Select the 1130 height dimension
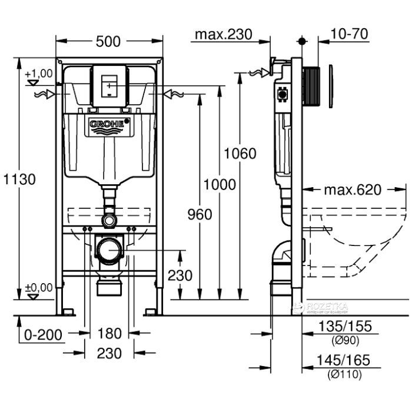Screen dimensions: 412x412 tap(18, 179)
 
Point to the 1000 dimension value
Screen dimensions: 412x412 tap(220, 184)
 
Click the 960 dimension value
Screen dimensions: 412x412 tap(200, 214)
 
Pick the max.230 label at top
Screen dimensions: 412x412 tap(224, 34)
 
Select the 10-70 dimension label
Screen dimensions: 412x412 tap(350, 34)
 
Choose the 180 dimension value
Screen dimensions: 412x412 tap(110, 334)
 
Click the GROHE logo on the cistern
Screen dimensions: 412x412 tap(108, 124)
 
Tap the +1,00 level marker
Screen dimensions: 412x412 tap(39, 74)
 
